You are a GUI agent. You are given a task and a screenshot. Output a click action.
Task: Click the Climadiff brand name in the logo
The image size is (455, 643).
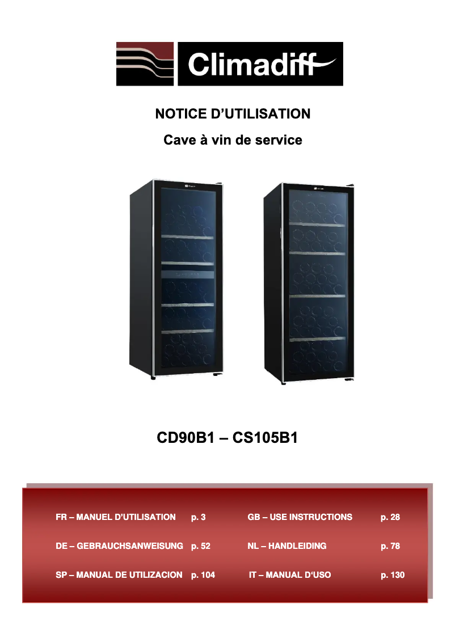coord(258,64)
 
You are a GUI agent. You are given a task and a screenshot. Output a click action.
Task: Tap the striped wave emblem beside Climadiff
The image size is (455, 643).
coord(146,64)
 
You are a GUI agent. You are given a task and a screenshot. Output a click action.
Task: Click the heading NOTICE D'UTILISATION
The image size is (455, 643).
coord(233,113)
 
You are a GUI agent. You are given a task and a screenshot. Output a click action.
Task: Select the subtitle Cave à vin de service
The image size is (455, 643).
coord(233,139)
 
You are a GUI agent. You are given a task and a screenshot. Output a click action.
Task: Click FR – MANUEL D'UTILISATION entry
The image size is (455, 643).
coord(116,517)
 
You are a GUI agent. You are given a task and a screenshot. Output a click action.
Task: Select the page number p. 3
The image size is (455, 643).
coord(199,517)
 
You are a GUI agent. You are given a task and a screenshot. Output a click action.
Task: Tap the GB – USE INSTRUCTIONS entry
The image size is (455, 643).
coord(300,517)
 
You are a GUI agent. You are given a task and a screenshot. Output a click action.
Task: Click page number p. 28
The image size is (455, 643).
coord(390,517)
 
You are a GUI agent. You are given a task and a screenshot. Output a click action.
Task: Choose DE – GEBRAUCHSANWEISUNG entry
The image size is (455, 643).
coord(119,546)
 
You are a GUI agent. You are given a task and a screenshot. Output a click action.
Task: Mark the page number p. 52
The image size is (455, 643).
coord(201,546)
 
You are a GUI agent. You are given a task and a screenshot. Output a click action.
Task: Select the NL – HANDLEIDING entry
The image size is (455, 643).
coord(287,546)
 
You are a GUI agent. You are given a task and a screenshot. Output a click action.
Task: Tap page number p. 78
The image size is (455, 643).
coord(390,546)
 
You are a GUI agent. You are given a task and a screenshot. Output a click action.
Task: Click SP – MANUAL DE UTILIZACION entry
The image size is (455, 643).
coord(119,575)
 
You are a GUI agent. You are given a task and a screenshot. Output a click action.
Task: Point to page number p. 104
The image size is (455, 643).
coord(203,575)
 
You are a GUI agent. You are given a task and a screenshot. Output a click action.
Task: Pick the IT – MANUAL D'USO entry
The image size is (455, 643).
coord(290,575)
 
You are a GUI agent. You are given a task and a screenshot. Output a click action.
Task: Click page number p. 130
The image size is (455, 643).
coord(393,575)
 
